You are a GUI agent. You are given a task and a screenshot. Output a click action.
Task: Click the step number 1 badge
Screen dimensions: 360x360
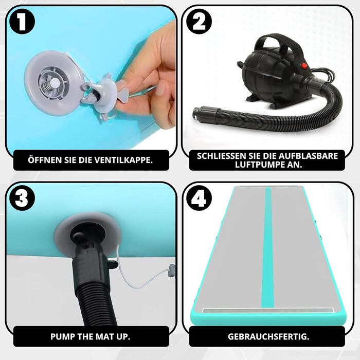[x=22, y=22]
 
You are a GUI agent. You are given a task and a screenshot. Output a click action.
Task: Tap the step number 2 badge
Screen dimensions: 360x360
[x=199, y=22]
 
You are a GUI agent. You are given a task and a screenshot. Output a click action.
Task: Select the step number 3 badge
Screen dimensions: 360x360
[x=22, y=198]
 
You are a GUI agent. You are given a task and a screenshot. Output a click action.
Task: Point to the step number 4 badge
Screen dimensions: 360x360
[x=199, y=198]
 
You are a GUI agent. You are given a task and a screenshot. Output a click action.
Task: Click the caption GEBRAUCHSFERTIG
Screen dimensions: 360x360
[x=268, y=336]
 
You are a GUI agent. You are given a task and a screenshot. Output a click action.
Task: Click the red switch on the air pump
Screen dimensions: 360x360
[x=305, y=66]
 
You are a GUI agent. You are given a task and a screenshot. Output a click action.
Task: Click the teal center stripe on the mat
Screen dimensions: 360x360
[x=267, y=247]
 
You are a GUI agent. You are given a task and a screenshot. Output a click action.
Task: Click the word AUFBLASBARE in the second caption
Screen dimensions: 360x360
[x=308, y=156]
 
